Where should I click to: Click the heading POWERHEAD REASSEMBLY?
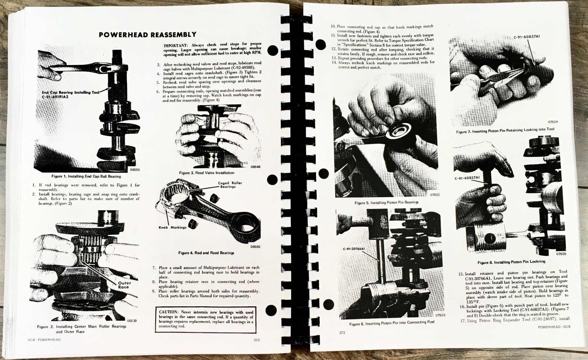147,35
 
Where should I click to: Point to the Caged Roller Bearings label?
230,185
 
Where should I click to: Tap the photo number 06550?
135,170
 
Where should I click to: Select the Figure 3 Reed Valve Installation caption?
207,173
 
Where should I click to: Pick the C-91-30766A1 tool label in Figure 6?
353,249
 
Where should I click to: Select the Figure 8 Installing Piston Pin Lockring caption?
511,262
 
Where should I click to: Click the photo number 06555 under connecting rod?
255,247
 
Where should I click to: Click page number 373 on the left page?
257,340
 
